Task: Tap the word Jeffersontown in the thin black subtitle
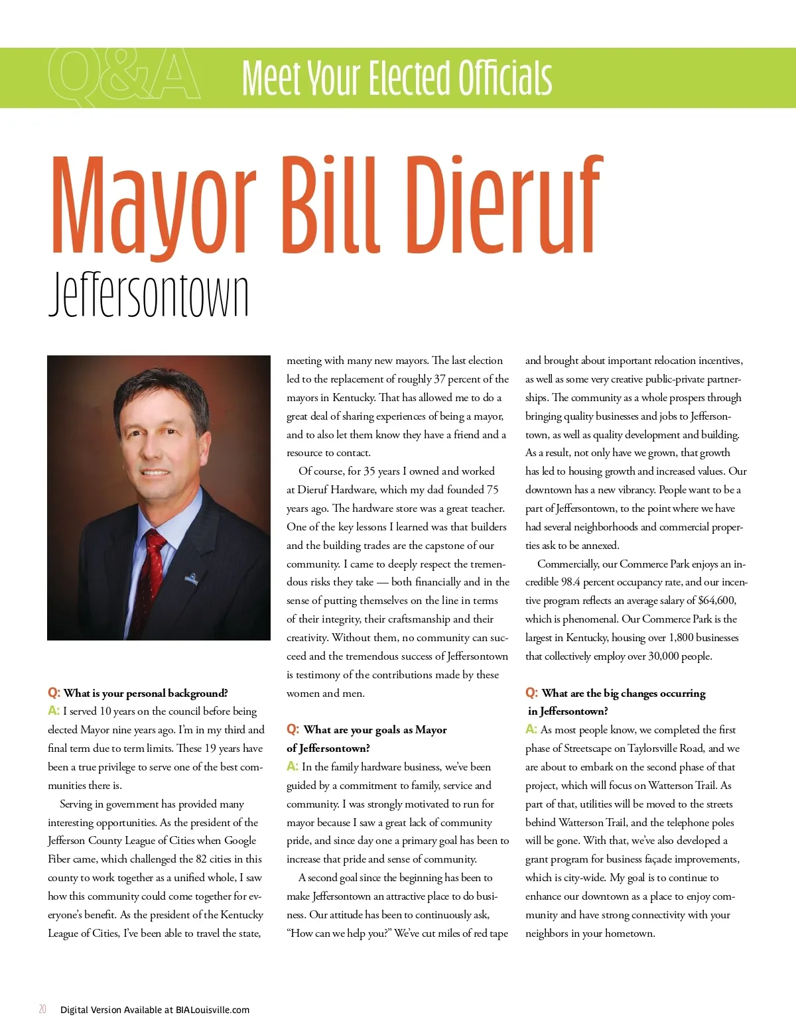[x=149, y=294]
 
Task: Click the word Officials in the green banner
[x=505, y=78]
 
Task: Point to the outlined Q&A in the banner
[x=123, y=76]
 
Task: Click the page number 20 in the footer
[x=42, y=1009]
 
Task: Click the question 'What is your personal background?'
[x=145, y=693]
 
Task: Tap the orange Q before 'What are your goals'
[x=293, y=729]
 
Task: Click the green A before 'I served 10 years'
[x=53, y=711]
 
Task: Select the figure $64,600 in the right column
[x=716, y=601]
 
